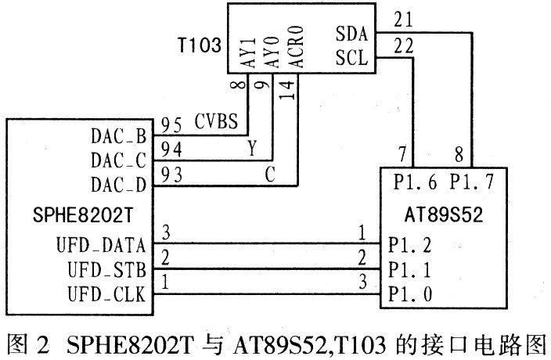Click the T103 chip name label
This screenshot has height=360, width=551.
coord(200,45)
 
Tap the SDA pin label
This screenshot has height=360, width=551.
coord(351,34)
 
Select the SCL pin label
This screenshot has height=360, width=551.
coord(351,57)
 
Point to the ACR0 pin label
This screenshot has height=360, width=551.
coord(296,46)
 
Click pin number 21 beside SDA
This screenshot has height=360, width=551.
coord(403,20)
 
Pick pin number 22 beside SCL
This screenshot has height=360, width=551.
coord(403,45)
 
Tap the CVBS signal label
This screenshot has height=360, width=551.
coord(216,121)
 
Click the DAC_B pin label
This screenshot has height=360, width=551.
coord(118,136)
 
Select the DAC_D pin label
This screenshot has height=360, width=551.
coord(118,185)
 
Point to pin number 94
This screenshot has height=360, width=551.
coord(171,149)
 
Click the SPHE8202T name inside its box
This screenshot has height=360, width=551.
coord(83,214)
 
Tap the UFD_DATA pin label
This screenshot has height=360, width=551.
coord(101,245)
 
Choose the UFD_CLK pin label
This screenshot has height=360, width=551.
coord(106,294)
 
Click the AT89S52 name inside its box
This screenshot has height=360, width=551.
coord(444,214)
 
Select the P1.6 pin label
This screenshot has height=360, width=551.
coord(415,182)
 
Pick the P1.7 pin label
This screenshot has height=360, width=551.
coord(472,182)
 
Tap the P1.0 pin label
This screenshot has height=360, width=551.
coord(410,294)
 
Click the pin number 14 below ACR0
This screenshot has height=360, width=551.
coord(286,90)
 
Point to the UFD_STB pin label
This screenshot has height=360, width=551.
coord(106,270)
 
